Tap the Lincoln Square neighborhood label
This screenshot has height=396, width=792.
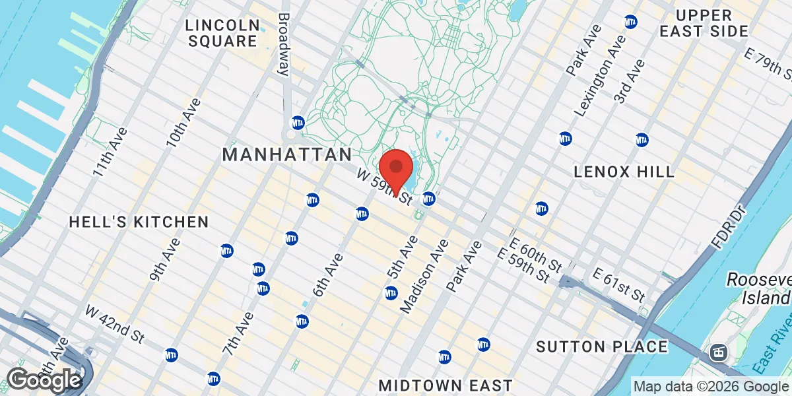(x=222, y=33)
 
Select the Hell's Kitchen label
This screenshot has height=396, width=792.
(x=139, y=222)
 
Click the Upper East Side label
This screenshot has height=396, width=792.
(x=712, y=23)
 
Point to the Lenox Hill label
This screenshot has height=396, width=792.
(x=624, y=172)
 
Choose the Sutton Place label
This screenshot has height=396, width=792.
(x=601, y=346)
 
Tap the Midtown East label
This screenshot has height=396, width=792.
(x=445, y=385)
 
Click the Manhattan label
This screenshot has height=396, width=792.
(x=287, y=155)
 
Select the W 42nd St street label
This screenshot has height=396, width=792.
(x=115, y=323)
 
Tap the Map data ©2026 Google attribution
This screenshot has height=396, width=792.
(x=711, y=386)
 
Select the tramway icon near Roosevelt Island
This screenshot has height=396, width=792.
(x=717, y=352)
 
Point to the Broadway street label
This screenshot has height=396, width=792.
(x=284, y=43)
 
